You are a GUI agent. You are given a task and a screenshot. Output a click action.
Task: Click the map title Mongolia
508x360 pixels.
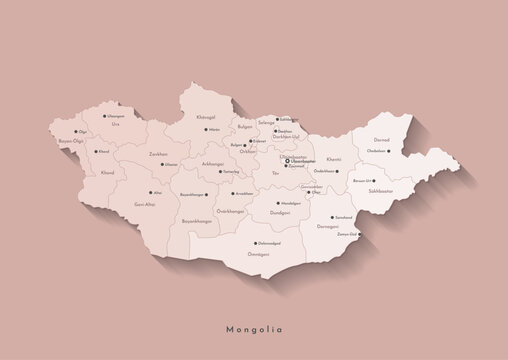point(254,327)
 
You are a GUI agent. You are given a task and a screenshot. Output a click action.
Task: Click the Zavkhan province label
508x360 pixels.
point(158,154)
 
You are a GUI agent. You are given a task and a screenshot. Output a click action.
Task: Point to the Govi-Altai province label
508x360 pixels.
point(144,203)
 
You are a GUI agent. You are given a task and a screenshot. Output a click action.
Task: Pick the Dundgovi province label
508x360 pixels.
point(281,213)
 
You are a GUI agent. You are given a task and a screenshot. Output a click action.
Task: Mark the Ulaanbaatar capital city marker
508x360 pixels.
point(288,160)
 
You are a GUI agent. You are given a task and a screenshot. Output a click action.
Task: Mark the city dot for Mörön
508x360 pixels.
point(204,130)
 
